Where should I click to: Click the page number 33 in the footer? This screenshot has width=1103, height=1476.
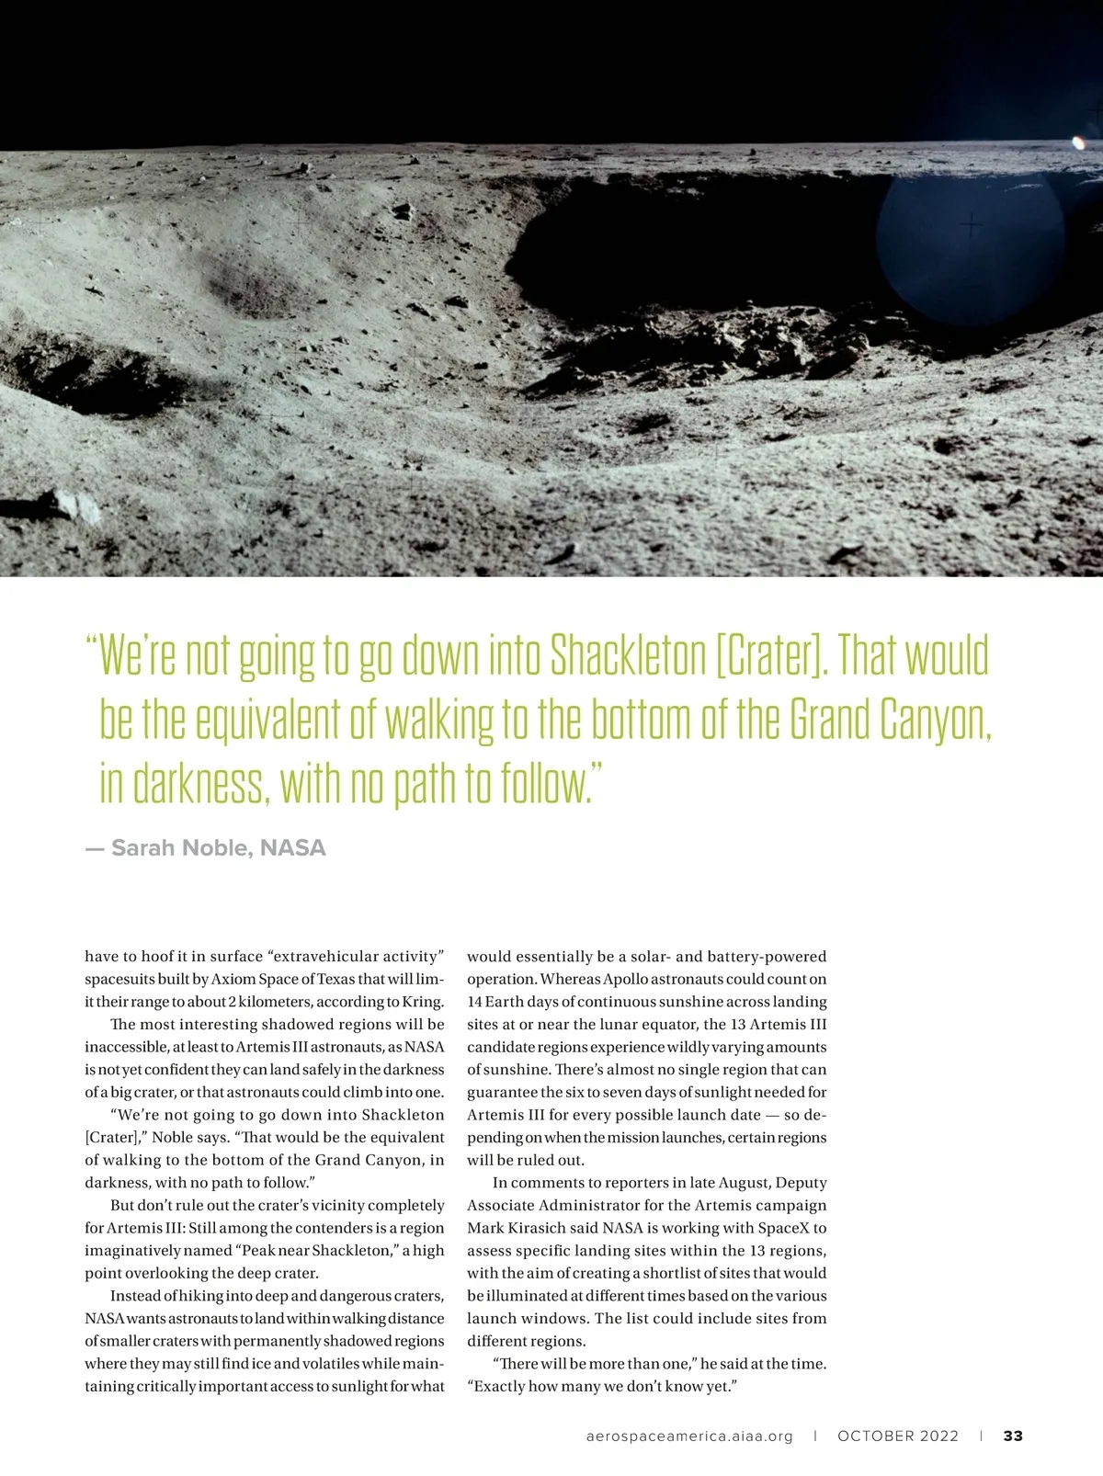point(1013,1436)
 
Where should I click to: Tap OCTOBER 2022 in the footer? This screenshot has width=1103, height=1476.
point(898,1436)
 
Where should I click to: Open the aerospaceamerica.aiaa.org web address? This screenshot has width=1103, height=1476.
point(689,1436)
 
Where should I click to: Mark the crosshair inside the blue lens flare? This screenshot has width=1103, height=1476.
point(971,223)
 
